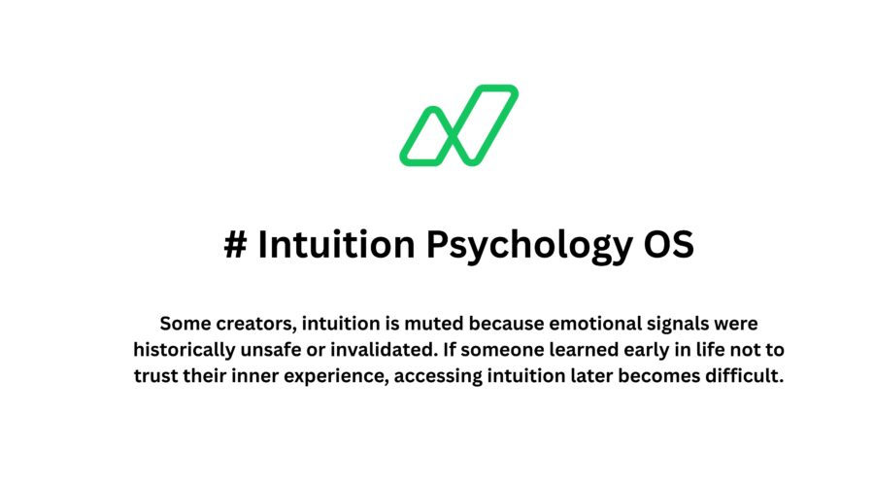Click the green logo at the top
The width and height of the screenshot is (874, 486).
(x=458, y=124)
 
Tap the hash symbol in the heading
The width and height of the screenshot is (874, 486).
(x=234, y=245)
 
